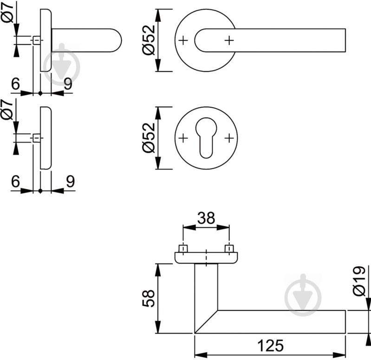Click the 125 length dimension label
270,345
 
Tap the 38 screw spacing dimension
206,218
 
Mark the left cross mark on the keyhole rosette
183,138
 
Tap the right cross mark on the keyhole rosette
228,138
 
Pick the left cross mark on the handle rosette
183,41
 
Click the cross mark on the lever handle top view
228,41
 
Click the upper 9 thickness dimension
68,84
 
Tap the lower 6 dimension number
15,181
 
